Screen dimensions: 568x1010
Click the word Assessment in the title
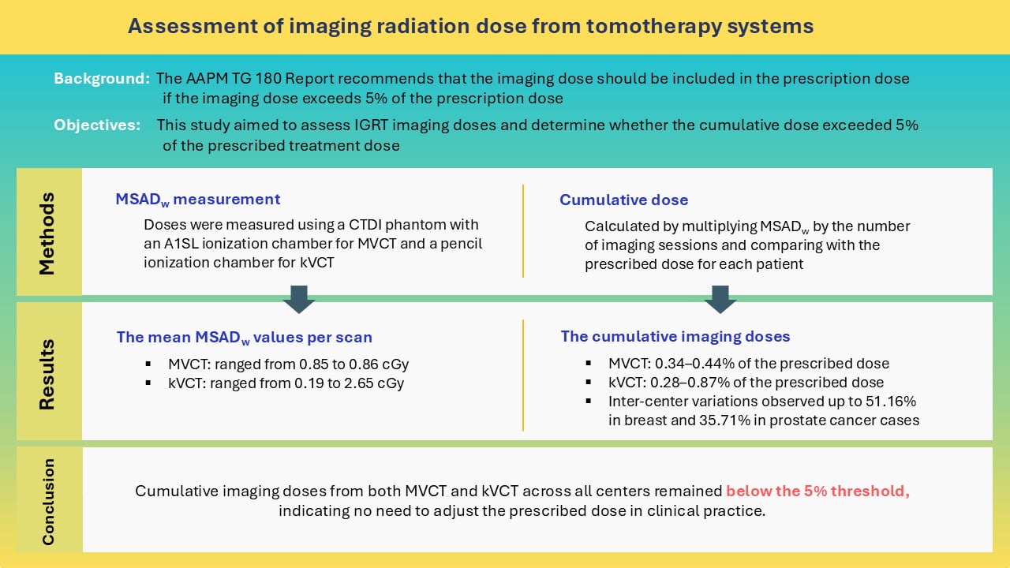point(178,26)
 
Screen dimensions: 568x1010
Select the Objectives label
point(98,125)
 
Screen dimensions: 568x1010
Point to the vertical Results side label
point(47,374)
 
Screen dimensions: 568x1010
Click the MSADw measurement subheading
point(197,200)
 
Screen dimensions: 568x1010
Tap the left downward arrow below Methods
point(299,299)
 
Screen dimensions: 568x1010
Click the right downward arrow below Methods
point(720,299)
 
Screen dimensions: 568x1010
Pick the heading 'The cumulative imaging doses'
point(675,337)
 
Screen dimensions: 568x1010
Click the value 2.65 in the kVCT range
point(370,384)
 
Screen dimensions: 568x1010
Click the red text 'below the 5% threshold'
point(817,491)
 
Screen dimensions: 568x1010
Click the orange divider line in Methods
point(523,231)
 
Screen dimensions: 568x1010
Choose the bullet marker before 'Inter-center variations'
point(589,401)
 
